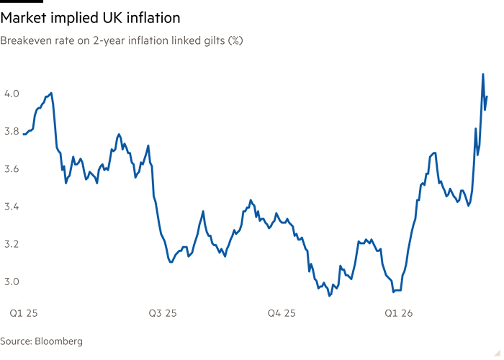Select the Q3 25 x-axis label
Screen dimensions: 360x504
coord(163,314)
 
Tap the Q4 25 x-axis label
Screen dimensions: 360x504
coord(282,314)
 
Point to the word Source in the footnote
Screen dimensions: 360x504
coord(16,341)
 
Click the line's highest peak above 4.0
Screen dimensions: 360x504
coord(482,73)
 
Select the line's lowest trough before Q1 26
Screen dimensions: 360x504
coord(329,294)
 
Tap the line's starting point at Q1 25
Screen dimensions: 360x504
coord(24,135)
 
